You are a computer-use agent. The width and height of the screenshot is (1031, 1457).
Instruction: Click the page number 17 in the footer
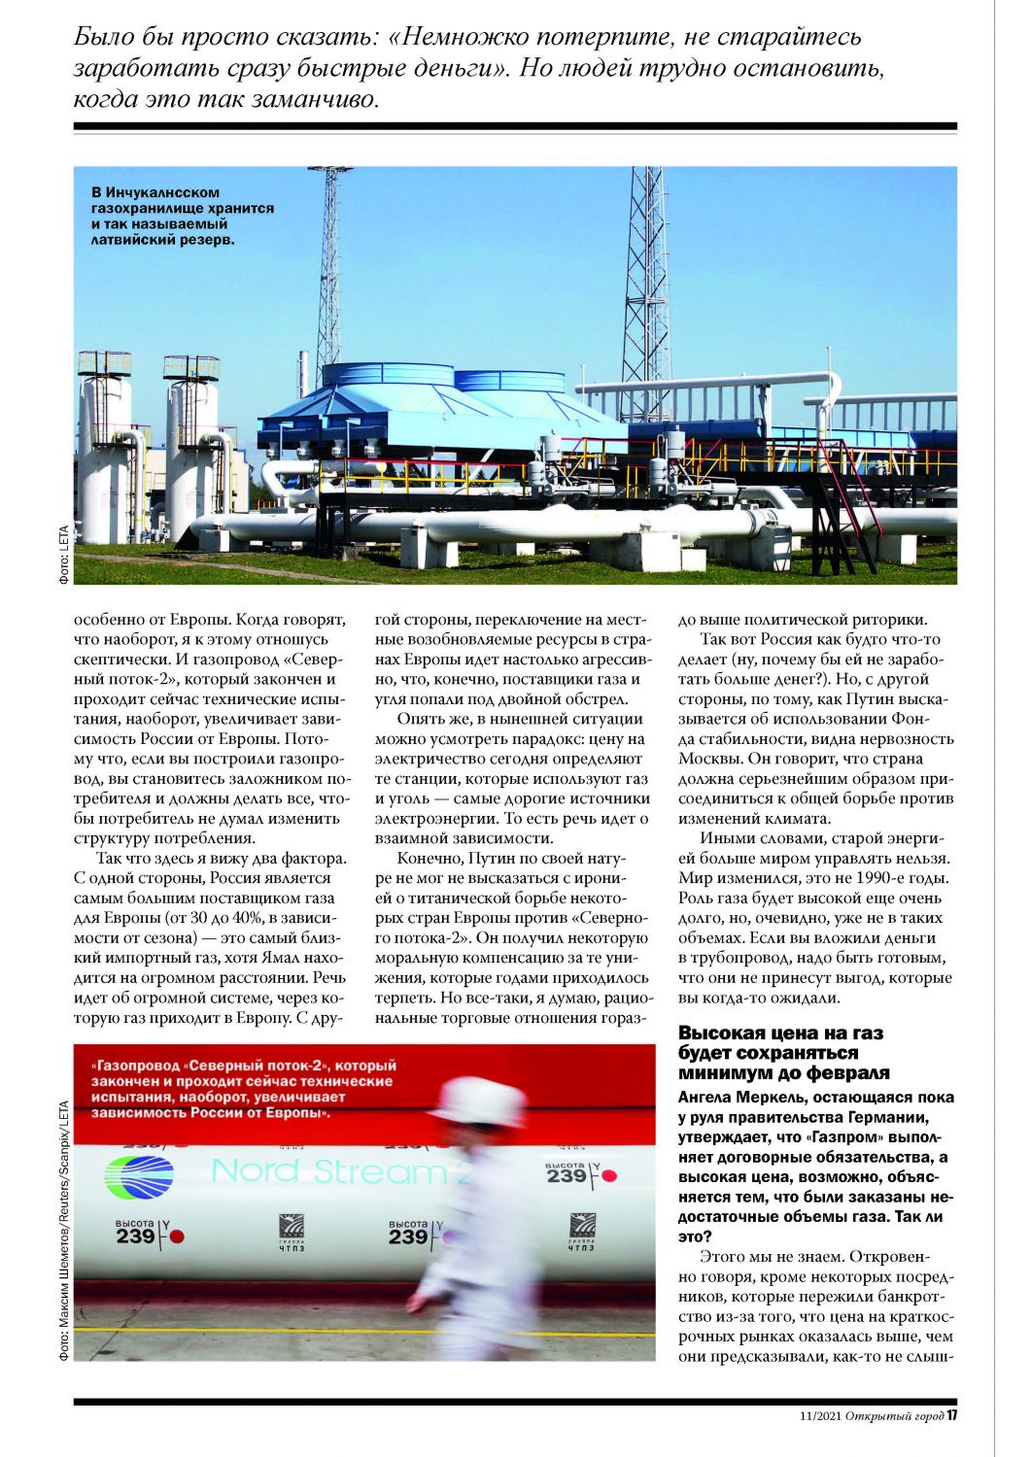[x=952, y=1415]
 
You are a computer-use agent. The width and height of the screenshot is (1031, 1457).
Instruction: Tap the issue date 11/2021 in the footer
[x=816, y=1416]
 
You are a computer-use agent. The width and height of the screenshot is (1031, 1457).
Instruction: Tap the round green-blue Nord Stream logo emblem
[x=138, y=1176]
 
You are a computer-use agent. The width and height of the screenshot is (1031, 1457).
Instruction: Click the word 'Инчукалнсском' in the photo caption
[x=164, y=192]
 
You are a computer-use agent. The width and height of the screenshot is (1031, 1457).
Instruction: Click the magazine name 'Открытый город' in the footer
[x=894, y=1416]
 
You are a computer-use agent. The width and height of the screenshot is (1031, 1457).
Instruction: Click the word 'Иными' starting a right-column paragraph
[x=724, y=838]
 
